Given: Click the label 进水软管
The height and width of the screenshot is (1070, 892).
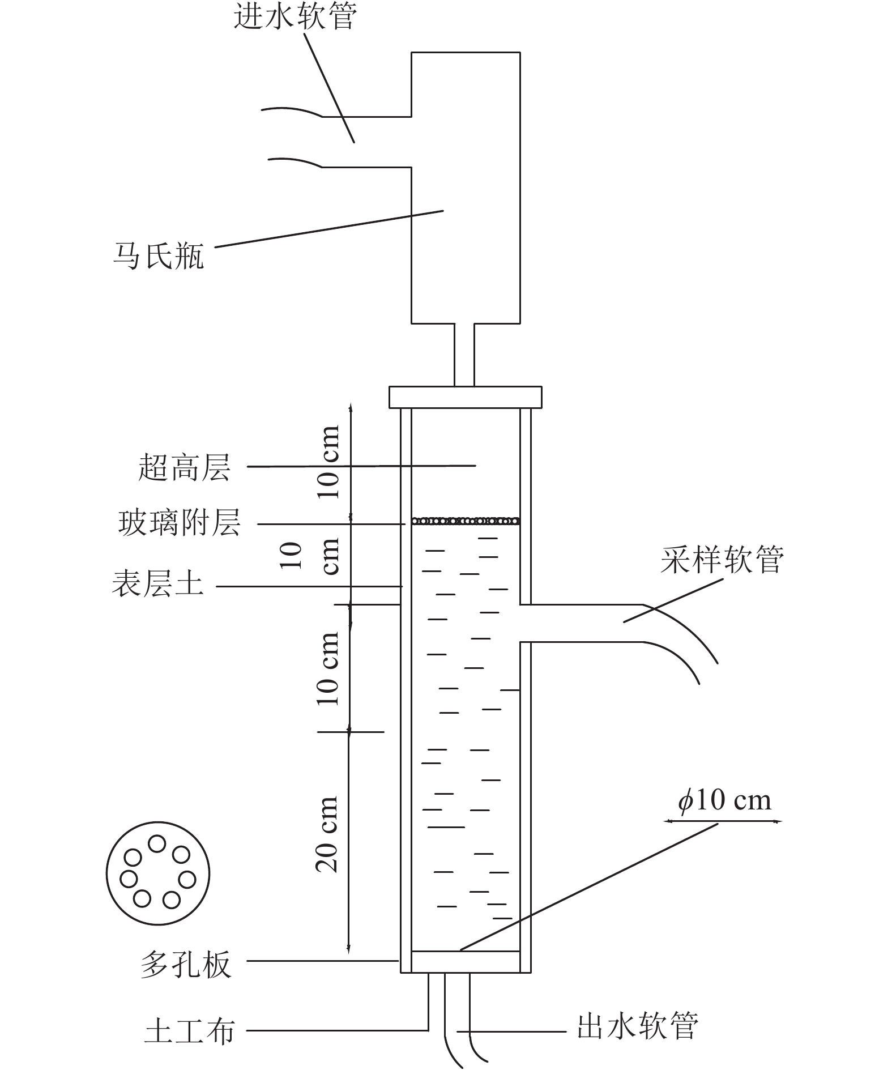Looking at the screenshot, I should click(295, 17).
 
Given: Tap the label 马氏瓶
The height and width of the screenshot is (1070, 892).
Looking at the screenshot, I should click(158, 256).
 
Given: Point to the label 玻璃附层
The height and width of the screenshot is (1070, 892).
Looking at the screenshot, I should click(180, 522).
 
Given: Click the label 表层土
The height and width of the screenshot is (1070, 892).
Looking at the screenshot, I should click(157, 583).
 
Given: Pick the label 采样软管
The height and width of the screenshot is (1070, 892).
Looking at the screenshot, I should click(722, 560).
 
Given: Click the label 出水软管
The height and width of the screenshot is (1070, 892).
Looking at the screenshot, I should click(638, 1026).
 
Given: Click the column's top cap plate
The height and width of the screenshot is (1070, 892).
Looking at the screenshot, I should click(465, 397).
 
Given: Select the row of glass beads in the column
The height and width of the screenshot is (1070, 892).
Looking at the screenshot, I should click(465, 521).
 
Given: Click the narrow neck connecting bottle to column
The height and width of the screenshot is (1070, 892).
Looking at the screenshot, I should click(464, 355).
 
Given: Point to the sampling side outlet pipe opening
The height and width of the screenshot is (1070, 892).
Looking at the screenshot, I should click(583, 623).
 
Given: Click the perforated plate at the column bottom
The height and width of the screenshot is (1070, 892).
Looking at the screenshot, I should click(465, 961).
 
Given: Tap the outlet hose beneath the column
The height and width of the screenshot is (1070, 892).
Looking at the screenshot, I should click(458, 1014).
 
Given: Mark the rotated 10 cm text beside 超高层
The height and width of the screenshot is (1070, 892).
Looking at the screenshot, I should click(328, 462).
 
